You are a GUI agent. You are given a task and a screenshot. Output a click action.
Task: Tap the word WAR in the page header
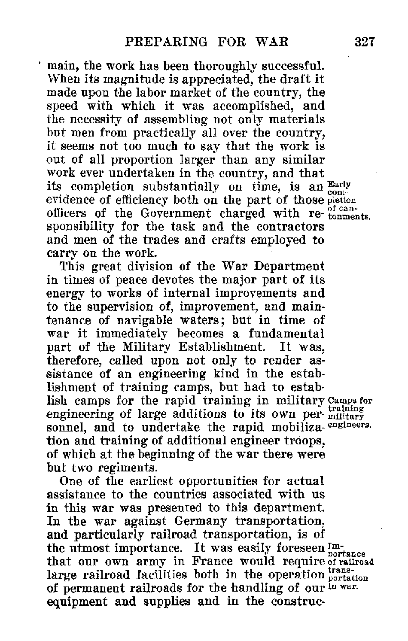tap(271, 42)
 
